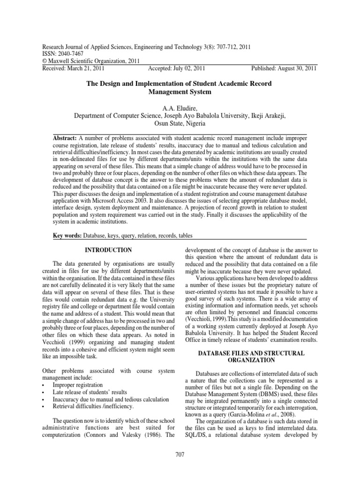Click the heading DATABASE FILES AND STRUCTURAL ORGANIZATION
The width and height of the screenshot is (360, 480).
click(251, 356)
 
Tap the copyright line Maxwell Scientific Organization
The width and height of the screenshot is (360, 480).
click(86, 61)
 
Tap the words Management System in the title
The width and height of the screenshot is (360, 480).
click(180, 92)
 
